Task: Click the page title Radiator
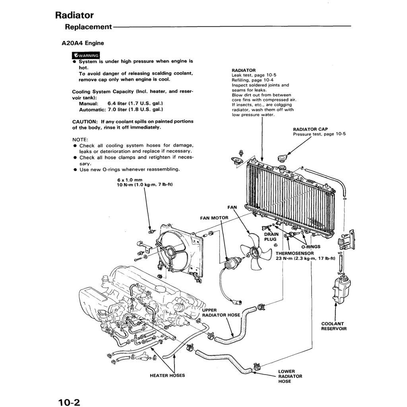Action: pos(74,16)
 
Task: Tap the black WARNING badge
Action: pos(85,55)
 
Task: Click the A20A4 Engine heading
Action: pos(83,43)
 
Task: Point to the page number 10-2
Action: pos(69,402)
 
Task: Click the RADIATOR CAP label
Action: pos(310,129)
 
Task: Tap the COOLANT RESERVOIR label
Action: pos(334,326)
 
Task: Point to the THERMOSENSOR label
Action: pos(295,253)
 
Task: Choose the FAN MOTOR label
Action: pos(214,218)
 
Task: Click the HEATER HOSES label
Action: pos(167,375)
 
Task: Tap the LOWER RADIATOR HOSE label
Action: pos(290,376)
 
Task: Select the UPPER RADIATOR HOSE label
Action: pos(221,312)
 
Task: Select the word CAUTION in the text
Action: pos(85,122)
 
